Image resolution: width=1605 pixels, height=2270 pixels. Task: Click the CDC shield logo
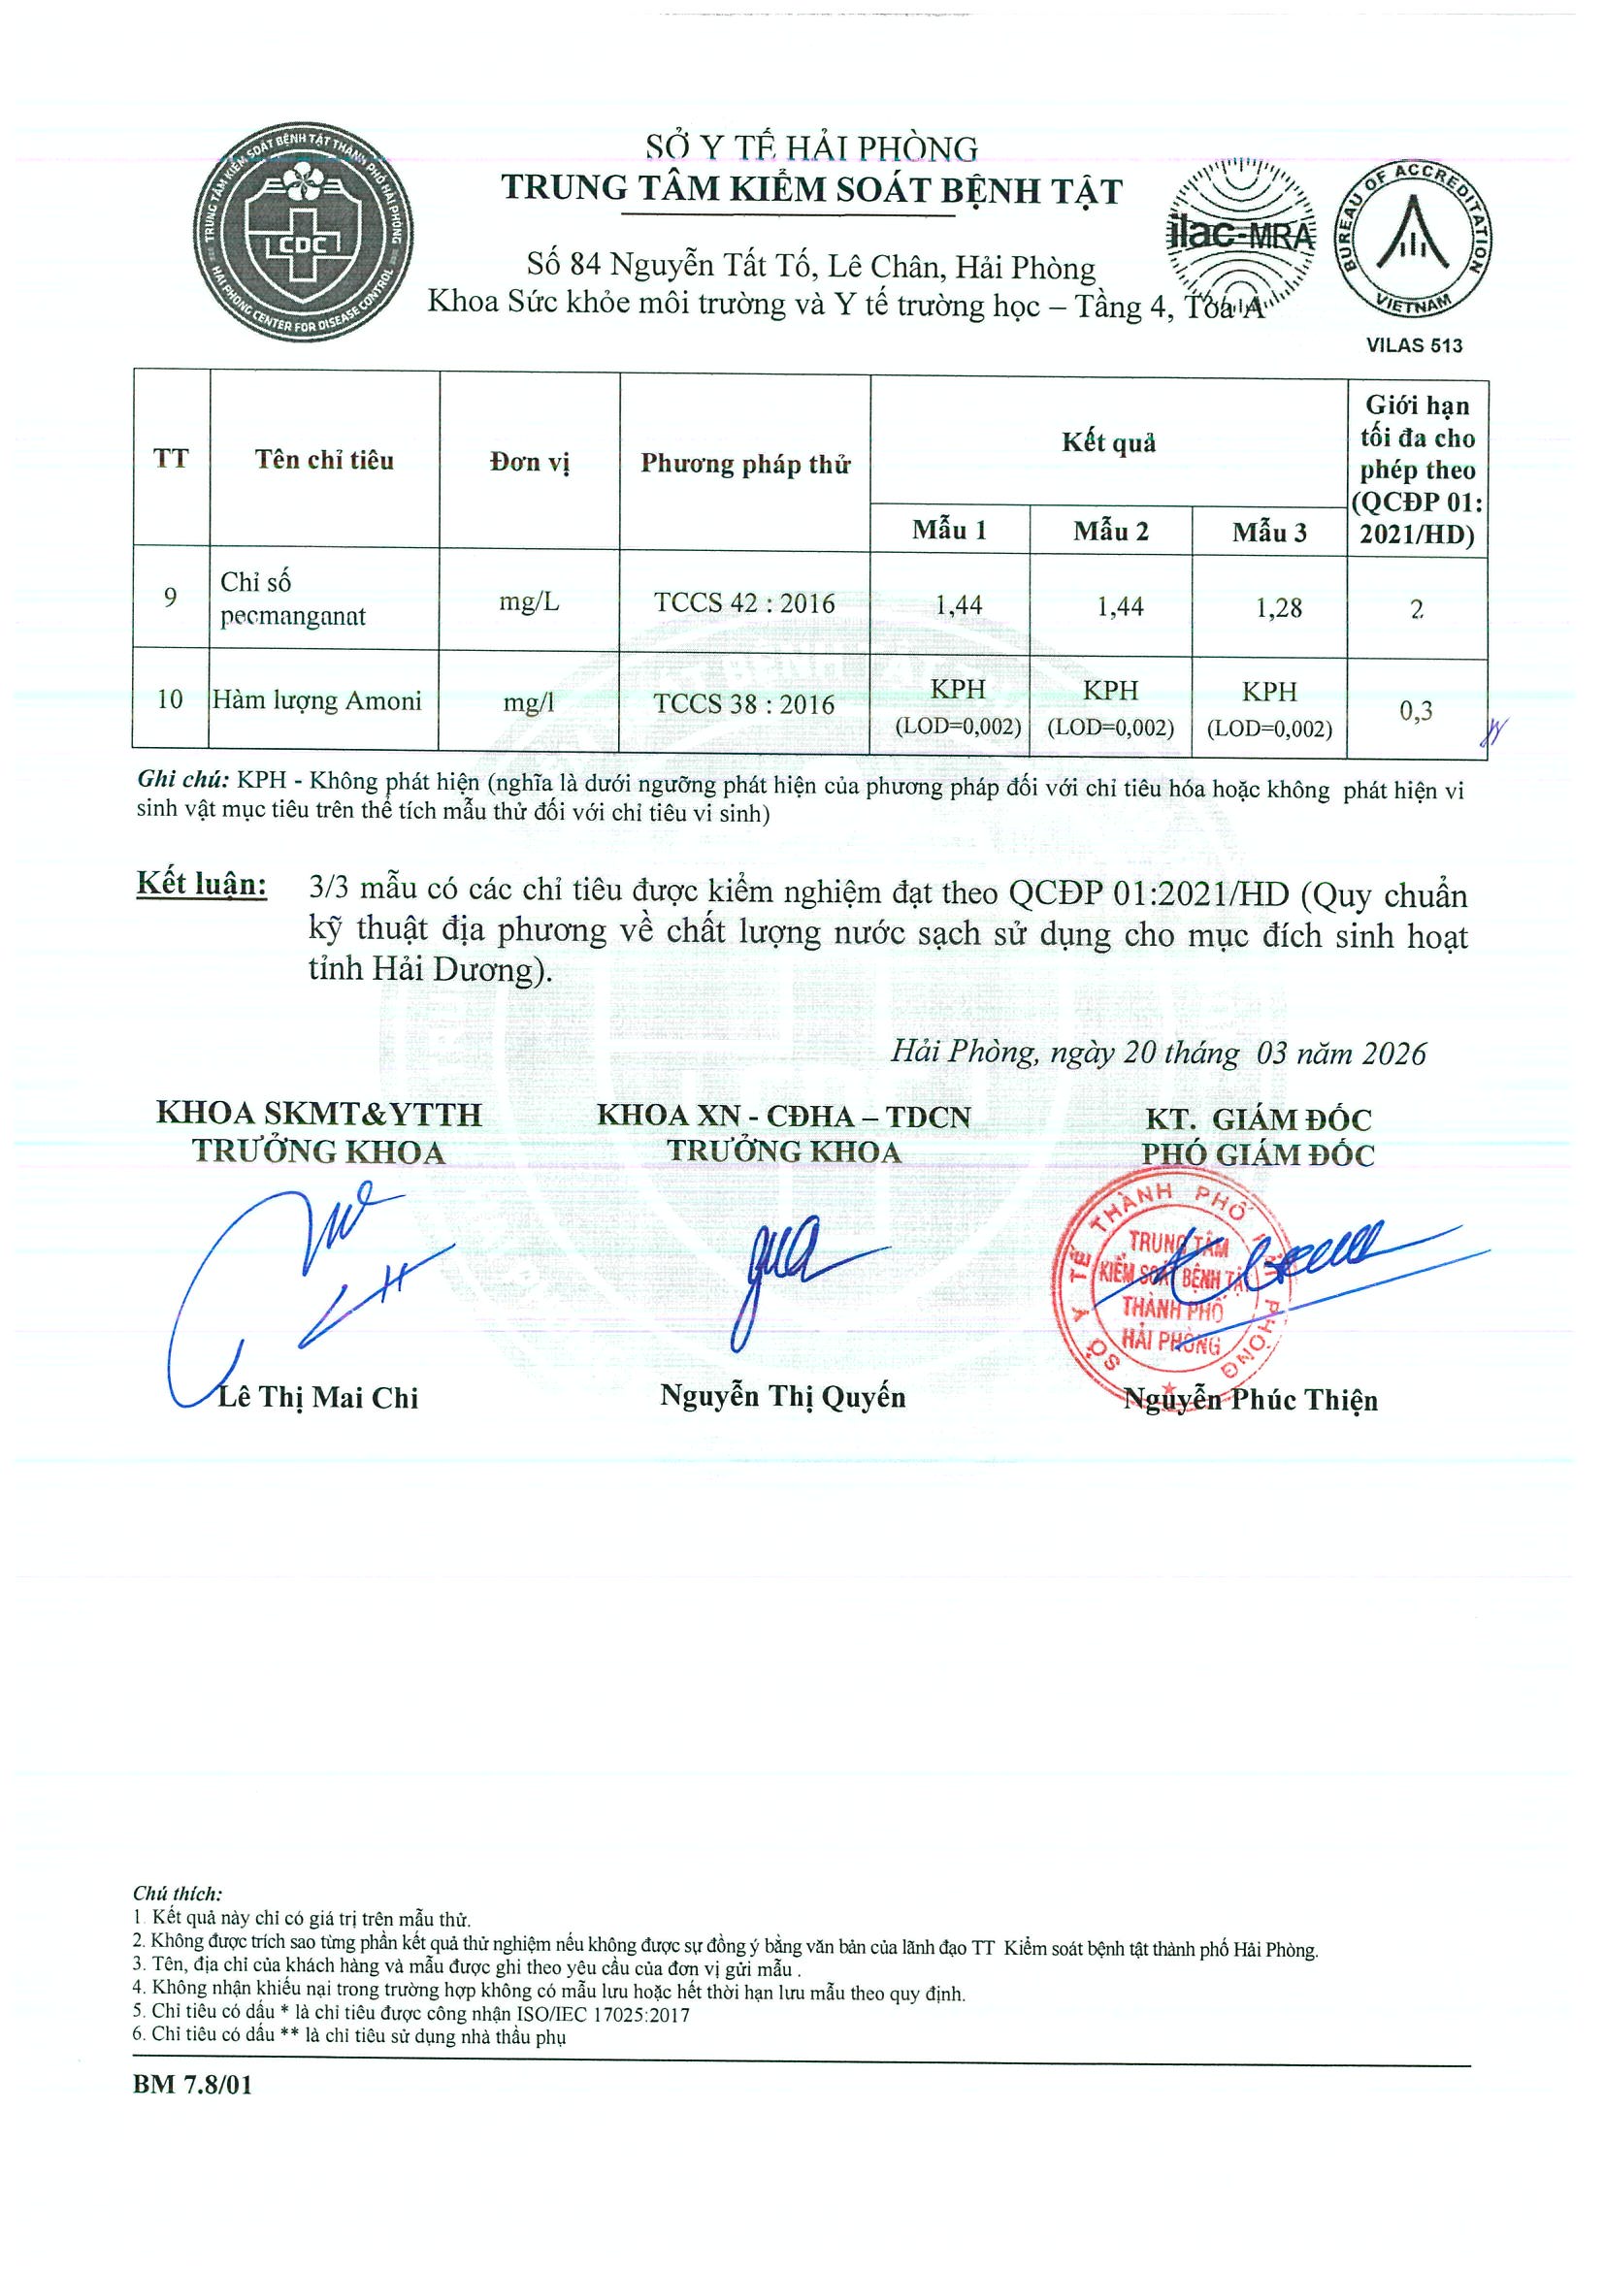(304, 235)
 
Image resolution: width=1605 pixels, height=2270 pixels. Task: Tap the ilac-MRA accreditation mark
(1241, 234)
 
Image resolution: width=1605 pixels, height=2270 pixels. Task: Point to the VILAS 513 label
(1414, 345)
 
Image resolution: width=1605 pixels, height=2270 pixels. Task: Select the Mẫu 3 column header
(1269, 533)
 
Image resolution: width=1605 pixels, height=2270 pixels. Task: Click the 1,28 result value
(1279, 608)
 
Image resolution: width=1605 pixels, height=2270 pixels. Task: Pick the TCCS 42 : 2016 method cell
(743, 603)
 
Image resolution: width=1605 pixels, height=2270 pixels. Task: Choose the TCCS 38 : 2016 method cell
(743, 704)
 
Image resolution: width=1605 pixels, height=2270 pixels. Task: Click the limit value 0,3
(1415, 710)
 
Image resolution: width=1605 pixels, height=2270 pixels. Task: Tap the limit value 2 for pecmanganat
(1416, 609)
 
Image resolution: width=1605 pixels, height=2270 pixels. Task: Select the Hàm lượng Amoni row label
(317, 701)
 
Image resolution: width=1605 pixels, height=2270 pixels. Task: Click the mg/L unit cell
(529, 602)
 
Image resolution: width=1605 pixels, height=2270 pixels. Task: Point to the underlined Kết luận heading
(202, 884)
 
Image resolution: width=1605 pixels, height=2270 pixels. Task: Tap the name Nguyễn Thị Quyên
(782, 1396)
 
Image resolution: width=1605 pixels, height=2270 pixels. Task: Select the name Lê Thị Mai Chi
(318, 1397)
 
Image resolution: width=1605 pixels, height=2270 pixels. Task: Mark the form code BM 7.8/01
(193, 2084)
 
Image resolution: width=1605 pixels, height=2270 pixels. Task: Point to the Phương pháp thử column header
(744, 464)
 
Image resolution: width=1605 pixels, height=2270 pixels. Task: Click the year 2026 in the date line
(1393, 1054)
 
